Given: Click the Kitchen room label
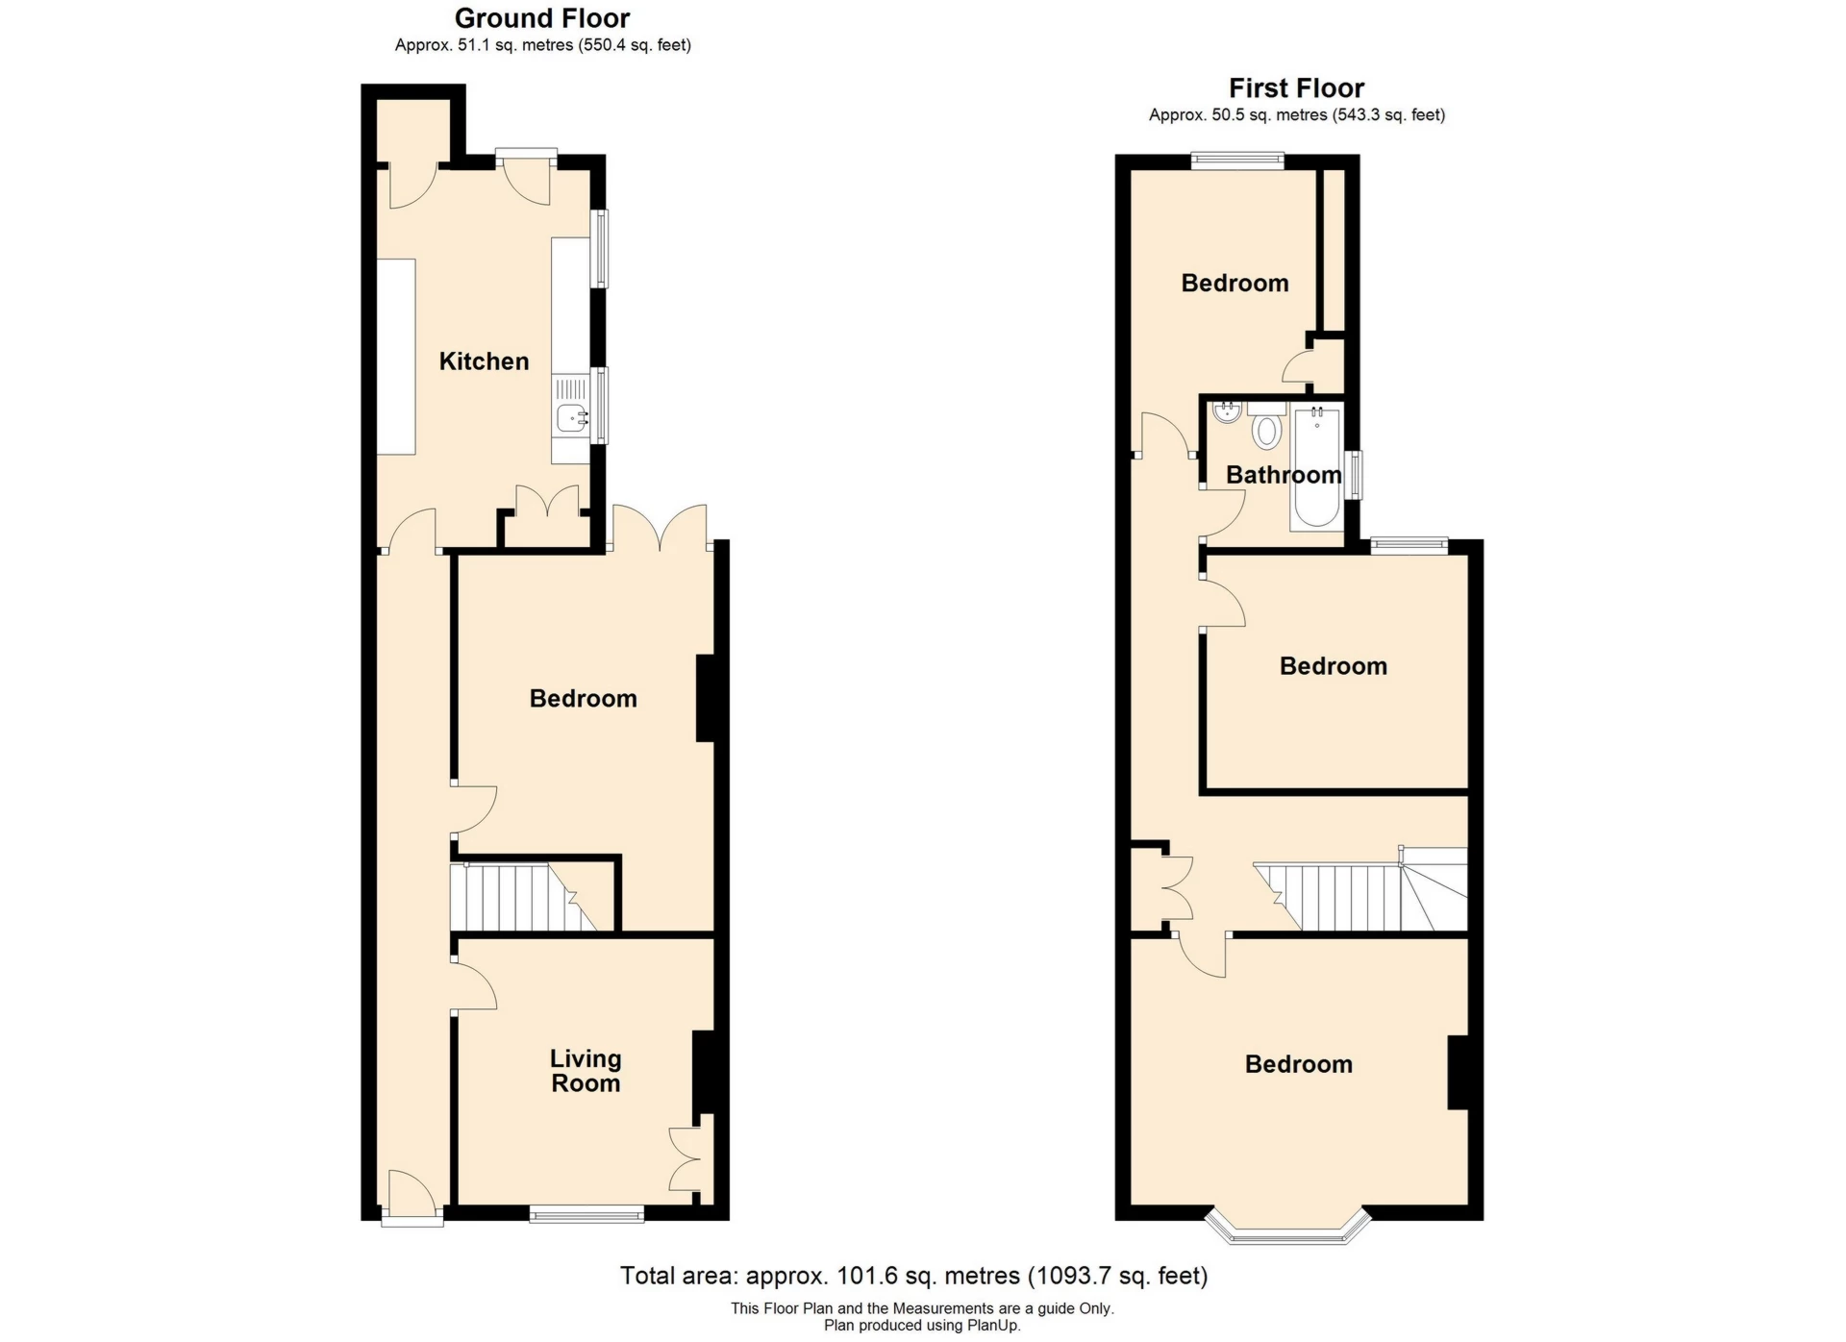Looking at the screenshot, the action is coord(484,361).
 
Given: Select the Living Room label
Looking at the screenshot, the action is coord(586,1071).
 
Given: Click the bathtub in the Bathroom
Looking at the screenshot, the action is coord(1316,467).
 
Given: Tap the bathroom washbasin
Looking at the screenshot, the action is coord(1225,413).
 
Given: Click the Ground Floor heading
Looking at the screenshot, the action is coord(542,18).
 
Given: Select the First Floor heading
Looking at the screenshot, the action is coord(1296,88).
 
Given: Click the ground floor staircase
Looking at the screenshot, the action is coord(523,898).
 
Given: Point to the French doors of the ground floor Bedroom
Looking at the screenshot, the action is coord(661,527).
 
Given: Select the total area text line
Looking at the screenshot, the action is coord(913,1276).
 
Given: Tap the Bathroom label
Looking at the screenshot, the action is coord(1284,475).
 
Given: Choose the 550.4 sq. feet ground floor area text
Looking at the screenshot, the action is coord(635,45).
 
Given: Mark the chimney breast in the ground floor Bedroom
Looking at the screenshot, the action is coord(706,698).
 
